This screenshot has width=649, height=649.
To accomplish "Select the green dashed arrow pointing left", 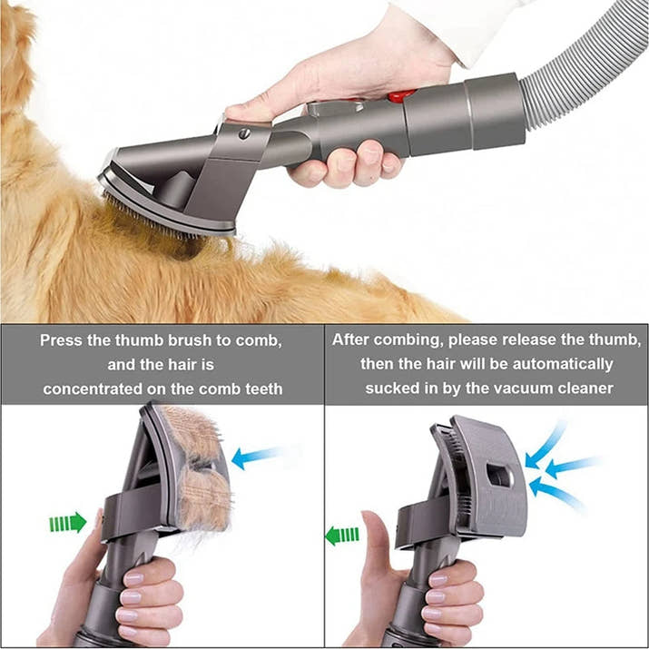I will click(341, 535).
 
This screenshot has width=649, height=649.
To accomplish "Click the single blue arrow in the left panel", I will click(257, 457).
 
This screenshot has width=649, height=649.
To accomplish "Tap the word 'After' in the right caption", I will click(351, 340).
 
